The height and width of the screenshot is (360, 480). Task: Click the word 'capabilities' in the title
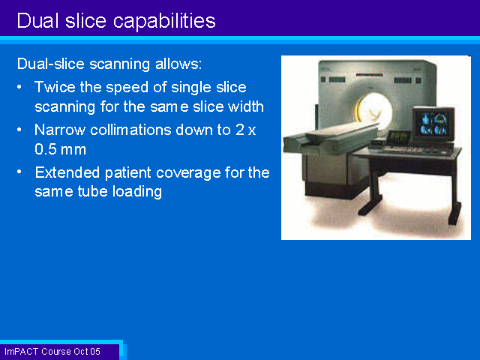(x=164, y=22)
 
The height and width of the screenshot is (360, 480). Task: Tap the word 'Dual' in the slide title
(x=38, y=20)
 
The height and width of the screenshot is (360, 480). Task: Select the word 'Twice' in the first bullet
(x=55, y=87)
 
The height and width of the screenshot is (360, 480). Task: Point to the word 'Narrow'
(x=60, y=130)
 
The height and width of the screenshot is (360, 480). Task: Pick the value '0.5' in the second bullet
(x=46, y=149)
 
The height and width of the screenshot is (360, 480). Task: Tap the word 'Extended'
(x=67, y=172)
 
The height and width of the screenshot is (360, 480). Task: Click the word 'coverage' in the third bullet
(x=188, y=172)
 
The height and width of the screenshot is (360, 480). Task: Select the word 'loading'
(x=137, y=192)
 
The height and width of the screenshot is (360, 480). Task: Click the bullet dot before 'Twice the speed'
(x=19, y=87)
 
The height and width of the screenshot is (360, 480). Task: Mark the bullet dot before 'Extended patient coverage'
(x=19, y=172)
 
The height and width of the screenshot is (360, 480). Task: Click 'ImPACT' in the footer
(x=22, y=352)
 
